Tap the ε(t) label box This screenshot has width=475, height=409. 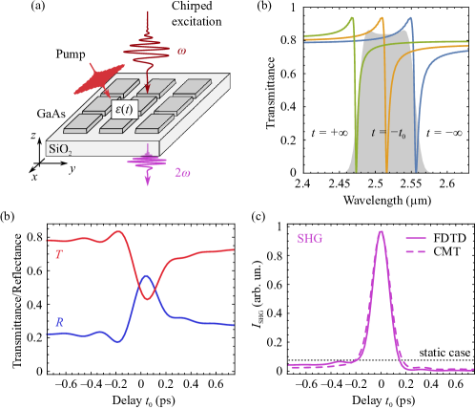click(x=125, y=109)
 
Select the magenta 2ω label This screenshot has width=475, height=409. click(x=182, y=173)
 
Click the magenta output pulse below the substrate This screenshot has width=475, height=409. click(x=147, y=161)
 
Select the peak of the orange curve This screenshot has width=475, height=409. click(x=382, y=18)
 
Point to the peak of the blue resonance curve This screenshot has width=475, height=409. click(x=412, y=19)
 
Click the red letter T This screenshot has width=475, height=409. click(x=57, y=256)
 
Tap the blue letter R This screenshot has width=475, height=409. click(x=59, y=323)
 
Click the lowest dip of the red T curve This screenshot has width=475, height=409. click(x=147, y=298)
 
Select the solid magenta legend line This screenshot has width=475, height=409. click(x=416, y=239)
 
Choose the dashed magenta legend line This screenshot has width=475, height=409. click(x=416, y=252)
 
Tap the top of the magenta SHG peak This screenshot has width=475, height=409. click(x=381, y=231)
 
